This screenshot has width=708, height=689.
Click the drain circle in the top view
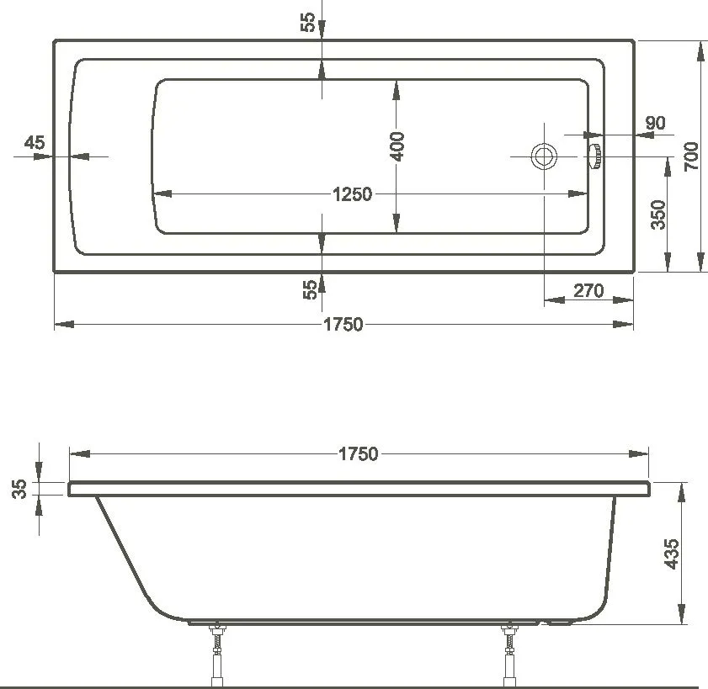click(x=543, y=156)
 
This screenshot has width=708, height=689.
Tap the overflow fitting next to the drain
click(x=594, y=156)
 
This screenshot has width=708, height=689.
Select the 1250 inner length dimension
click(x=352, y=194)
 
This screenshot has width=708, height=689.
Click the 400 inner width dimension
click(x=398, y=146)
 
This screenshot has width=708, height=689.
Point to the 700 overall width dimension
click(x=689, y=156)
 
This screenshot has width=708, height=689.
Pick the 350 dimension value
click(x=658, y=215)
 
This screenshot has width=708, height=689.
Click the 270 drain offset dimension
click(x=588, y=291)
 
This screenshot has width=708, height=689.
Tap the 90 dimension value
click(x=654, y=123)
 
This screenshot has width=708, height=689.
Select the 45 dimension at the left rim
click(x=35, y=142)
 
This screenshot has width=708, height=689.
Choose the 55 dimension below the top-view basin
click(x=310, y=289)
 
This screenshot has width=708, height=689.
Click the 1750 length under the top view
click(x=343, y=325)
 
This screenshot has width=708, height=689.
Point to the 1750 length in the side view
click(x=358, y=454)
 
